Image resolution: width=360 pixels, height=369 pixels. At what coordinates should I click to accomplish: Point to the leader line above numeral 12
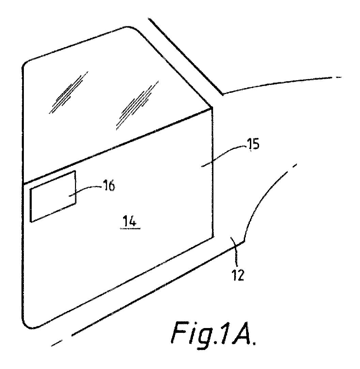[x=235, y=250]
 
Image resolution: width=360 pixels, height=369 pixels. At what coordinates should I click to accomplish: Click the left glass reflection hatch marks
[x=69, y=92]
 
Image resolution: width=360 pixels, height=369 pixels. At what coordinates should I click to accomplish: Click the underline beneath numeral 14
[x=130, y=228]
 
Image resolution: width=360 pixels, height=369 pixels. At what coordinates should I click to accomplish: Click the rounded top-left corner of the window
[x=26, y=63]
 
